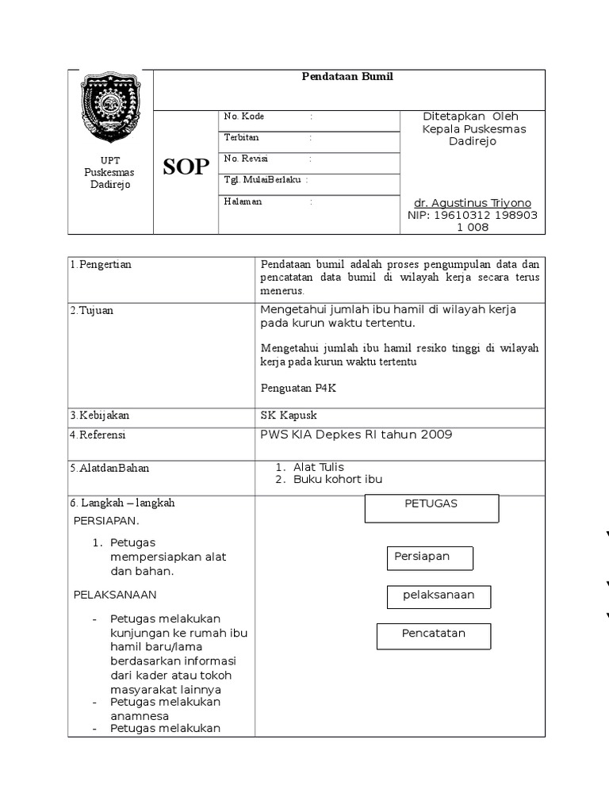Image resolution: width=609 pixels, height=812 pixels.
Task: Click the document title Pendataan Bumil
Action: (x=347, y=77)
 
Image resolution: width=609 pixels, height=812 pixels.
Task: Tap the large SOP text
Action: (x=186, y=167)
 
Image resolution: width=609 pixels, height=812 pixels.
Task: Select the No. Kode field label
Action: (x=244, y=117)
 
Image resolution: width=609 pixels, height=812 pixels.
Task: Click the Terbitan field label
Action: (x=242, y=137)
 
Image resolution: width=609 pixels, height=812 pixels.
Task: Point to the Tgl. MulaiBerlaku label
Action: (x=263, y=180)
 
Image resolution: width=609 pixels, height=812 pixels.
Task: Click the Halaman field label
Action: (x=243, y=201)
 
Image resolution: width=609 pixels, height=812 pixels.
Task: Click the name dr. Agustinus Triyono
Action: (x=473, y=203)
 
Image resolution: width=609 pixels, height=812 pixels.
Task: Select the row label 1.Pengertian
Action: (x=101, y=265)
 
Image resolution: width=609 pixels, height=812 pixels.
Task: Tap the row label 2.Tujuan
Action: (x=92, y=310)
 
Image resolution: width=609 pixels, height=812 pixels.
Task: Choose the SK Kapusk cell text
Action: (x=289, y=416)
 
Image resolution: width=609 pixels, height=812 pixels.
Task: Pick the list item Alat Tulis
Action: (x=319, y=467)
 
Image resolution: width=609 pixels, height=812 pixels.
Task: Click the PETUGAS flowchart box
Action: (x=431, y=507)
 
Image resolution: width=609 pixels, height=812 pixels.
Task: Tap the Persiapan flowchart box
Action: (x=430, y=557)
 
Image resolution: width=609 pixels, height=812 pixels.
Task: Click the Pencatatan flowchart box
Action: (x=433, y=635)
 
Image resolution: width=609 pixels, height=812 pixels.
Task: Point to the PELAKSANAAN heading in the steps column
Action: (x=115, y=594)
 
